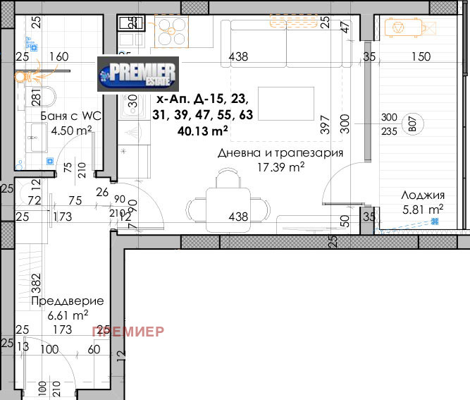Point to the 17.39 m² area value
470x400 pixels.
click(x=281, y=167)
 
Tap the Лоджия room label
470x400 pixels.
click(x=422, y=195)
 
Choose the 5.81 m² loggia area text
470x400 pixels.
click(x=422, y=209)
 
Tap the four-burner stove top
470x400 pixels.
click(x=171, y=31)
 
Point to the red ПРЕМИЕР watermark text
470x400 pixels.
click(x=128, y=330)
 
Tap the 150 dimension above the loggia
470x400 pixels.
click(x=421, y=57)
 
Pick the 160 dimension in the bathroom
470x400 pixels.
click(x=59, y=57)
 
